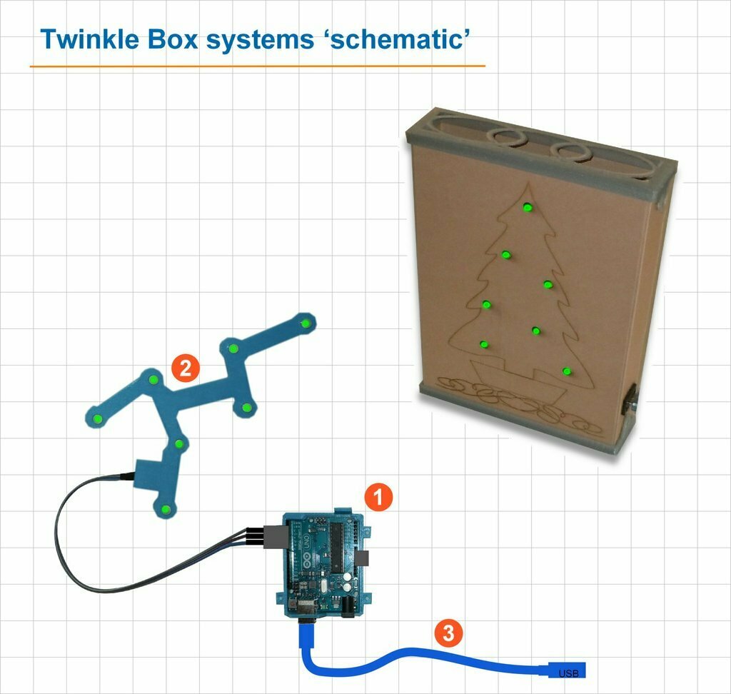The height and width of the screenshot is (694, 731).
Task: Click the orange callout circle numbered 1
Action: (378, 497)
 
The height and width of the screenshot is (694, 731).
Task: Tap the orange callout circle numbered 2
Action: (185, 368)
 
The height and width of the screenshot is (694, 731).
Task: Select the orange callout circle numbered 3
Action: (448, 633)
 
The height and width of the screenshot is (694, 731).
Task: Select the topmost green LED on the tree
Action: (528, 208)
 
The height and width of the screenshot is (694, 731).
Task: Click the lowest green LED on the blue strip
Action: (166, 509)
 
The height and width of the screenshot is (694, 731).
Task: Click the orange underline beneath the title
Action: (257, 66)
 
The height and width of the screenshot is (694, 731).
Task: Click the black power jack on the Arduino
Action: (349, 608)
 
